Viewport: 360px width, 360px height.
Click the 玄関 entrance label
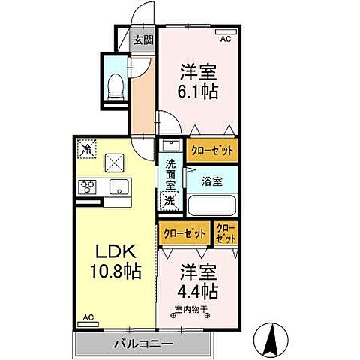(x=142, y=41)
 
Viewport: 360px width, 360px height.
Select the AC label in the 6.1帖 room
(x=226, y=34)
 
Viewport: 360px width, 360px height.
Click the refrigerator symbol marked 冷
(x=86, y=148)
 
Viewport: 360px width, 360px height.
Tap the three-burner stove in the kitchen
(x=88, y=187)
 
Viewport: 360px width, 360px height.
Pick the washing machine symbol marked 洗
(x=170, y=199)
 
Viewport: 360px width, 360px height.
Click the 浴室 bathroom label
(x=212, y=180)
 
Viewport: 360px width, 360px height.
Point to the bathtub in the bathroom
(x=211, y=205)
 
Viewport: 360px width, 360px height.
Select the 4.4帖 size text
(x=198, y=289)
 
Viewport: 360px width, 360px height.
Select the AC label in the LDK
(x=88, y=317)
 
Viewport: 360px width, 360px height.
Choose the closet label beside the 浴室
(x=211, y=150)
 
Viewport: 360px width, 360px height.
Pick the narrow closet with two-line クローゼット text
(x=226, y=232)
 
